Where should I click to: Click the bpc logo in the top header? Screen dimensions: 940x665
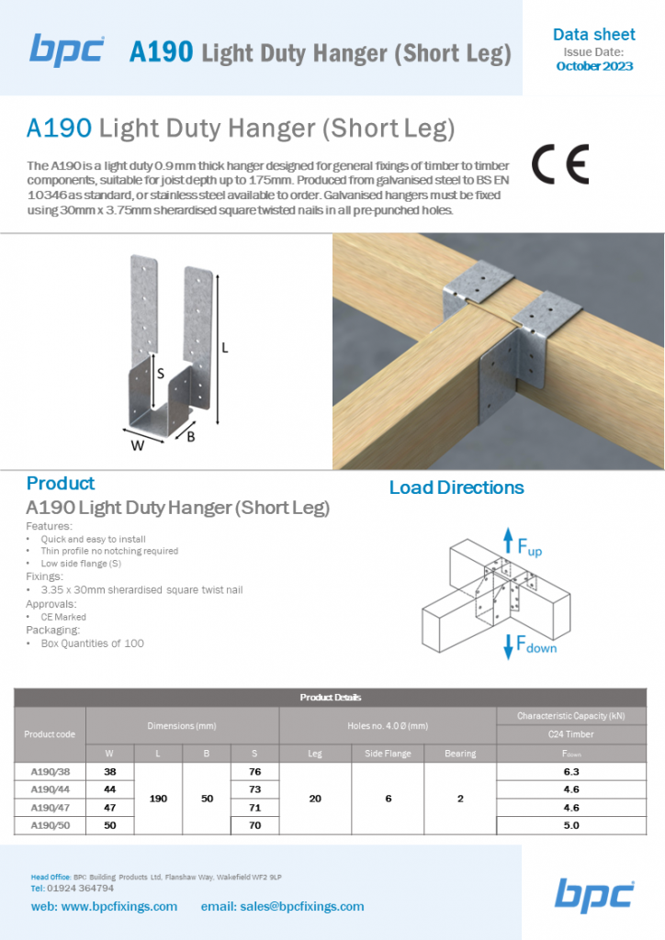pos(67,49)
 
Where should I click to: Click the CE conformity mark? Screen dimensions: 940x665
pos(559,165)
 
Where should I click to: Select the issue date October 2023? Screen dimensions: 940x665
pos(594,67)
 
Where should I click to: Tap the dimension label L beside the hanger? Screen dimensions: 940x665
pos(224,348)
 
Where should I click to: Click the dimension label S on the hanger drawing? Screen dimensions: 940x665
pos(160,374)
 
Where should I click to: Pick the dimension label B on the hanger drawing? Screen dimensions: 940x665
pos(191,437)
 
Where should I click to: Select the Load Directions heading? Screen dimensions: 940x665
pos(456,487)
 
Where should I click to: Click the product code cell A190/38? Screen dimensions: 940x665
pos(51,772)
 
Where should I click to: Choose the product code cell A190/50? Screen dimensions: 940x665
pos(51,825)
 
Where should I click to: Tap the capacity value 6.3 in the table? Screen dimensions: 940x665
pos(570,772)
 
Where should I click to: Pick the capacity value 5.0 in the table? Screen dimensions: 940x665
pos(570,825)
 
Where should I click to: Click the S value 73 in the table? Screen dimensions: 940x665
pos(254,789)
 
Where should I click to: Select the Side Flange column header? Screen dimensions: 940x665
pos(388,754)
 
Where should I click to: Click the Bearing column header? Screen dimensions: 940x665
pos(460,754)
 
